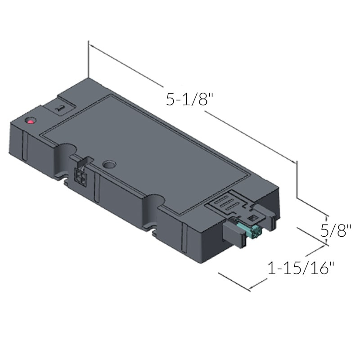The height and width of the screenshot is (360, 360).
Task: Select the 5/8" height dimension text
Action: pyautogui.click(x=335, y=231)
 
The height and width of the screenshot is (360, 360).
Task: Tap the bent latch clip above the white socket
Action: pyautogui.click(x=86, y=161)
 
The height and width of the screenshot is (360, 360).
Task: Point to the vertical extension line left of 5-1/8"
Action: pyautogui.click(x=89, y=58)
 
